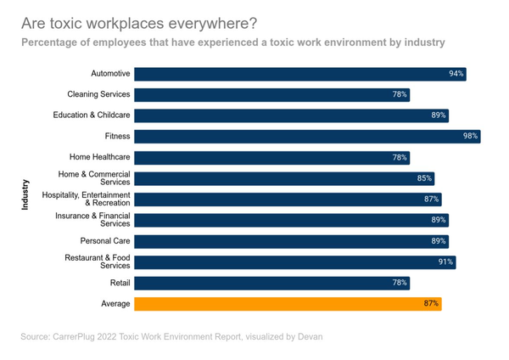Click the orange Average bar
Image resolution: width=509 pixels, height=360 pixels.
(288, 303)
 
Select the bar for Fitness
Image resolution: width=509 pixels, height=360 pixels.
(307, 136)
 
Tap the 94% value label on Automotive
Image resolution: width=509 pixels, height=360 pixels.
(456, 74)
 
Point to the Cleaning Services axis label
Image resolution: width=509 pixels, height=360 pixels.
(98, 94)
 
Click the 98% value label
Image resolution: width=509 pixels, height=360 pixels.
(470, 136)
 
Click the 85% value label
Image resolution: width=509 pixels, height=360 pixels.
(424, 178)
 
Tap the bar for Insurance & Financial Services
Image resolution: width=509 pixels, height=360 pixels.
(291, 220)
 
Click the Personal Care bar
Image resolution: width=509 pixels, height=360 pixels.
(291, 241)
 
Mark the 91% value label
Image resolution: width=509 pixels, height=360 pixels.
(445, 262)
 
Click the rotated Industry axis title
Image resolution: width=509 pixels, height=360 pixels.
(26, 194)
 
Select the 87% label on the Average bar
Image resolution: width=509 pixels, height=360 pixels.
(431, 303)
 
